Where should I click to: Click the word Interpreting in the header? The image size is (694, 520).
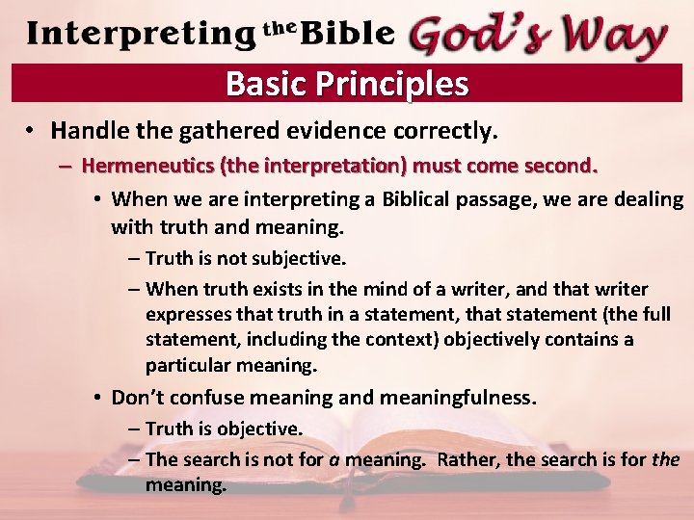(x=141, y=34)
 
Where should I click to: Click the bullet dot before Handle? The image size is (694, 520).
(x=32, y=130)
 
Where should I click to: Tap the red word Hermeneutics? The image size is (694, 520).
(x=148, y=165)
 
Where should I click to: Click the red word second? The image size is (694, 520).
(x=560, y=165)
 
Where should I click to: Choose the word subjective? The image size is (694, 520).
(x=299, y=258)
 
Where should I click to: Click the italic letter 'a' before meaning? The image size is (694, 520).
(x=334, y=459)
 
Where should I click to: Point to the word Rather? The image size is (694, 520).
(x=467, y=459)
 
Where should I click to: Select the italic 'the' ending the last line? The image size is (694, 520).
(x=665, y=459)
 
